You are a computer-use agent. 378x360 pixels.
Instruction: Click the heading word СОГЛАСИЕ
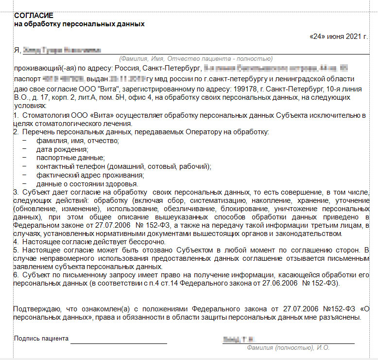click(34, 16)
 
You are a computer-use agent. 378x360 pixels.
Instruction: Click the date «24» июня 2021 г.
click(340, 36)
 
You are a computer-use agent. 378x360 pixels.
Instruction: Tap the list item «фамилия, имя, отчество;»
click(77, 141)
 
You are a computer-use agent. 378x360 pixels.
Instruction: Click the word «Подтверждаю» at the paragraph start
click(36, 308)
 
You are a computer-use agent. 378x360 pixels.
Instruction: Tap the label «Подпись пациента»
click(41, 339)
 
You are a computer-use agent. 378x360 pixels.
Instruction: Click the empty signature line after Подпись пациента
click(119, 342)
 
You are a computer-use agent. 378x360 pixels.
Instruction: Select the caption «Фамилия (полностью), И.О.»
click(288, 348)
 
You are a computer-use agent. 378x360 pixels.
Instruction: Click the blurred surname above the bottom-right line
click(239, 339)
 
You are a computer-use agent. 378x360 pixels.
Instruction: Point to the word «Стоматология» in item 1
click(43, 115)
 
